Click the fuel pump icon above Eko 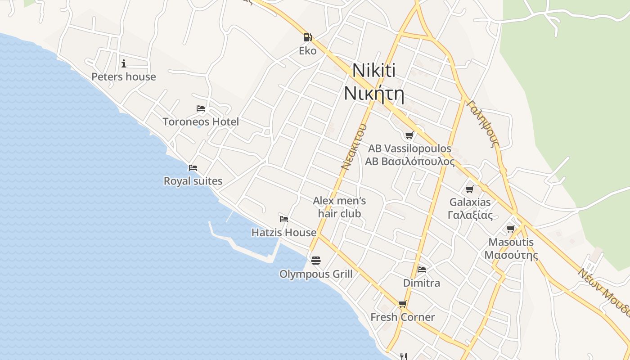(308, 37)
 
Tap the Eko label (308, 51)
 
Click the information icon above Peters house (124, 63)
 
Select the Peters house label (124, 77)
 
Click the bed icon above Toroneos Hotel (201, 108)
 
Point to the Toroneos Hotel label (201, 122)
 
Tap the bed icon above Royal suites (193, 168)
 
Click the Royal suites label (193, 181)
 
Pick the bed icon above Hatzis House (284, 219)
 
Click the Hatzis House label (284, 233)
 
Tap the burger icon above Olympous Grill (316, 261)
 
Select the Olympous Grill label (316, 274)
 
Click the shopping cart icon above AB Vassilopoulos (409, 135)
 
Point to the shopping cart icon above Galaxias (470, 189)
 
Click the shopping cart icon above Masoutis (511, 229)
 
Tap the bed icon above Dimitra (422, 270)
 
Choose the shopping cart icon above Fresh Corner (402, 304)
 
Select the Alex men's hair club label (339, 207)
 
